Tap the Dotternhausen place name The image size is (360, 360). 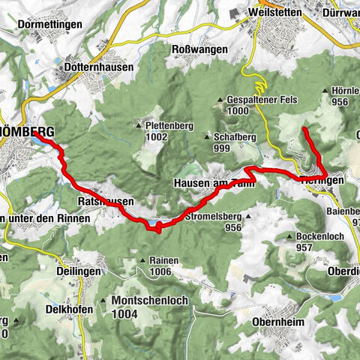point(98,67)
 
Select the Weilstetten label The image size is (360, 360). point(271,13)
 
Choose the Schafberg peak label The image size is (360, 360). point(232,136)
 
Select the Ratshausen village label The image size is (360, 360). point(105,202)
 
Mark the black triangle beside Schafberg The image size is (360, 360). point(208,136)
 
